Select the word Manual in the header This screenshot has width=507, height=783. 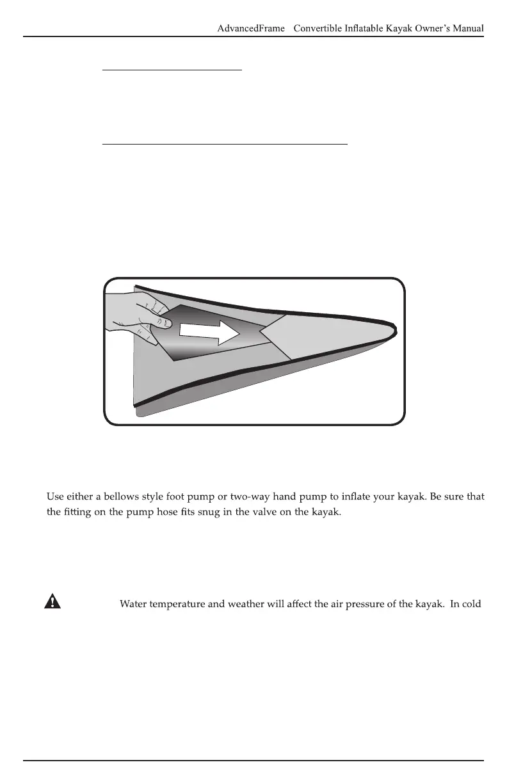pyautogui.click(x=465, y=28)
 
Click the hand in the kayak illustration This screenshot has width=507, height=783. pyautogui.click(x=138, y=317)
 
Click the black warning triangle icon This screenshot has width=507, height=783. pyautogui.click(x=52, y=601)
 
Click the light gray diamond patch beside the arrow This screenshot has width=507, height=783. pyautogui.click(x=291, y=336)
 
